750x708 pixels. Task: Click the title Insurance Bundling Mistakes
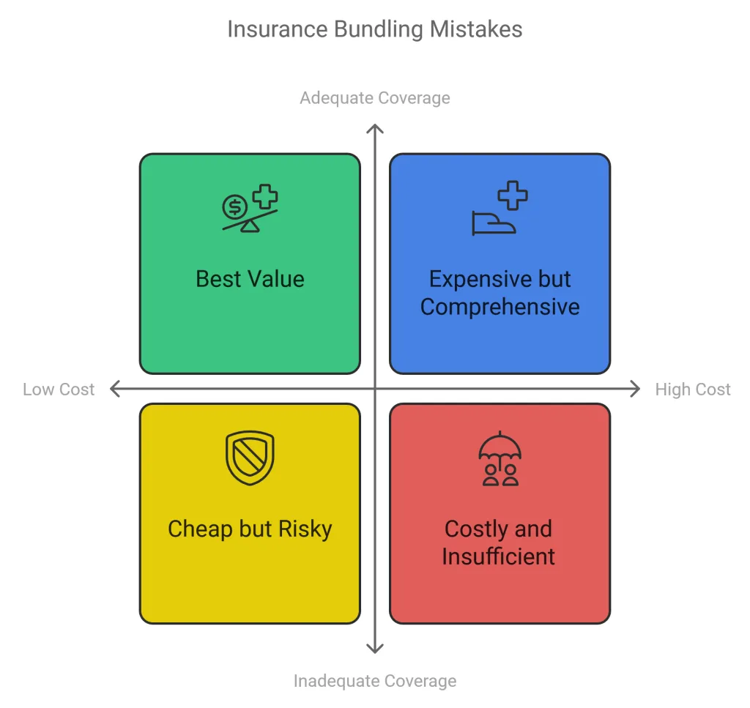tap(374, 29)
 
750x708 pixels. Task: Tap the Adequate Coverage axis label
tap(374, 98)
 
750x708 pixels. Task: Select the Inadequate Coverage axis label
tap(374, 681)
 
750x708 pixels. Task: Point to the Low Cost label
tap(59, 390)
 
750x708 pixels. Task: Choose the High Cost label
tap(692, 390)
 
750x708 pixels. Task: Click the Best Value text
tap(250, 279)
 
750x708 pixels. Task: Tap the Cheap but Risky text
tap(250, 529)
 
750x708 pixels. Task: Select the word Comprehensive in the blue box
tap(500, 307)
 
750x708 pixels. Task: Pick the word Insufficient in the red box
tap(498, 556)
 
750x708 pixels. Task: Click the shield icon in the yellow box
tap(250, 458)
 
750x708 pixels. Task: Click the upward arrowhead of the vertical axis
tap(375, 130)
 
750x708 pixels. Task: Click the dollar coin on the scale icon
tap(234, 207)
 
